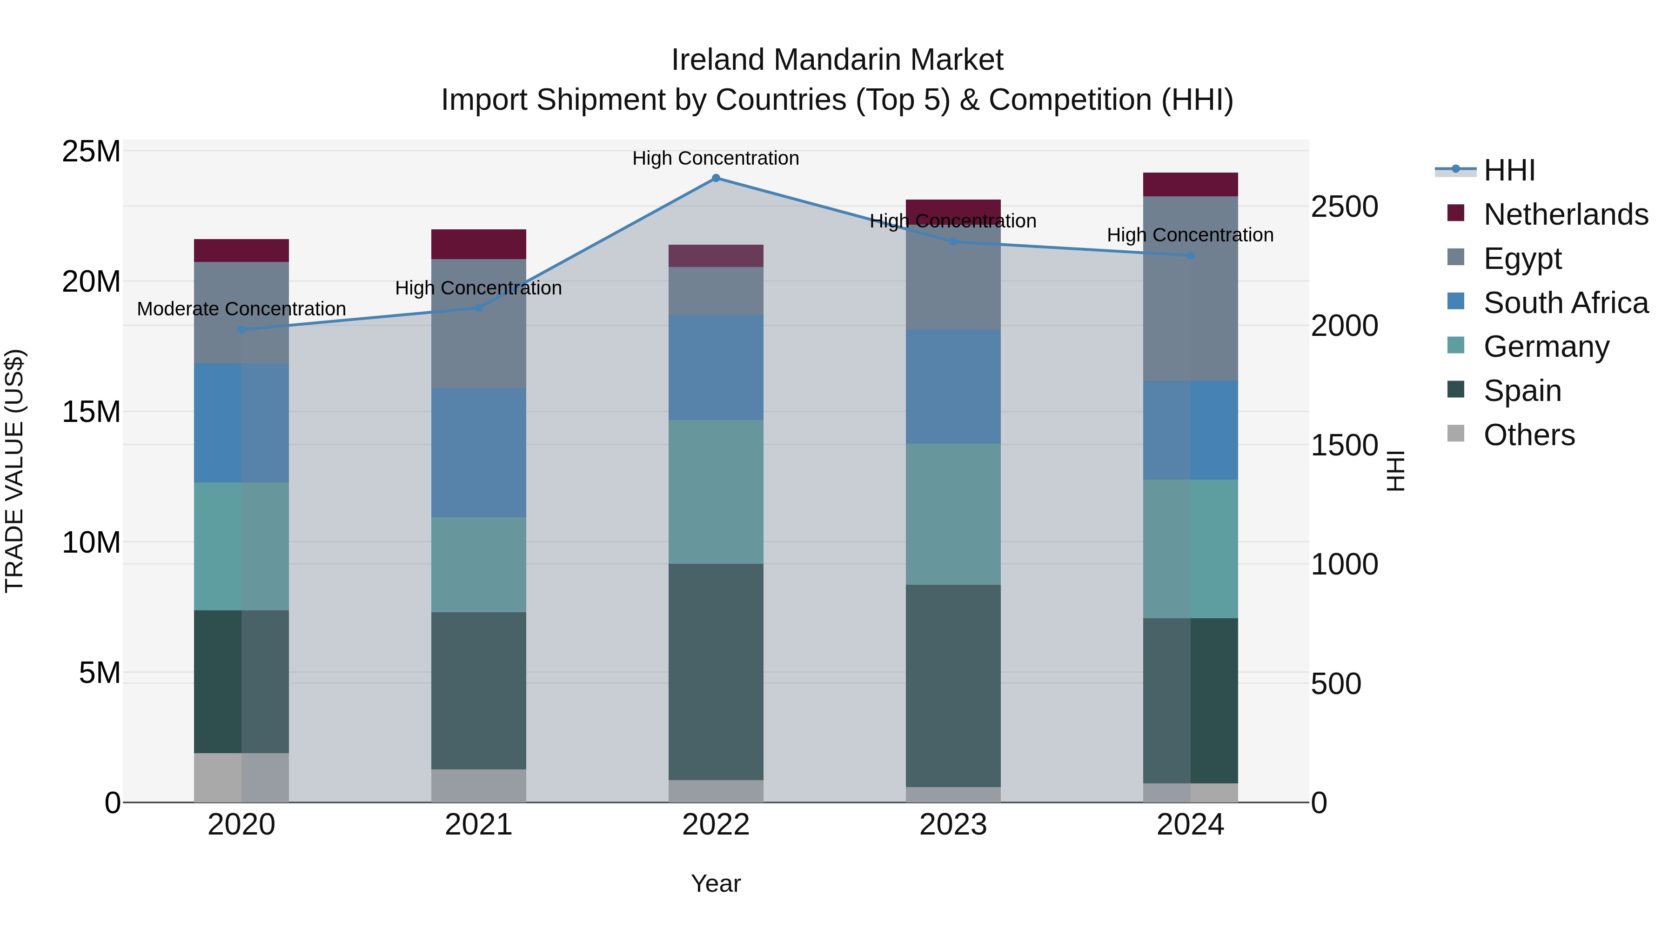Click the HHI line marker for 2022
point(716,178)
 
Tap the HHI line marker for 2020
point(241,330)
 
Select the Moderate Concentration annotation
point(241,309)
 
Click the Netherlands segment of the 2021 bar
point(479,244)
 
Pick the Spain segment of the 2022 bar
point(716,672)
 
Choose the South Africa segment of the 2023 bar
point(953,387)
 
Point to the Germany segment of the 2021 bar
point(479,564)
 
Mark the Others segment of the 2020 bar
point(241,777)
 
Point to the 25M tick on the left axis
point(91,152)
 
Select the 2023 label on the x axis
point(953,825)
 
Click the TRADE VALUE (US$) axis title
point(14,471)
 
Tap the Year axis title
point(716,883)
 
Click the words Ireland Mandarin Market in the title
point(837,60)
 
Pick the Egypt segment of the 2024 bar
point(1191,288)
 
